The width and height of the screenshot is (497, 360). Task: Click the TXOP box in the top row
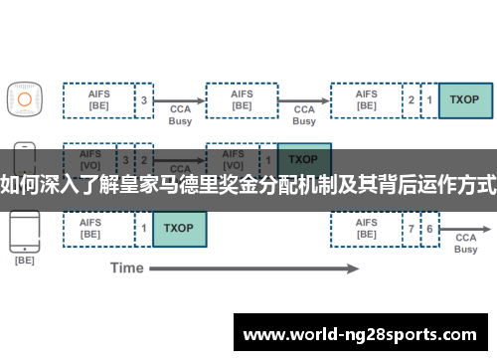465,100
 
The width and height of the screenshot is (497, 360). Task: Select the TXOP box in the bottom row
179,228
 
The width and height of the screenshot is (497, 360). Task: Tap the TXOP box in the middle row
303,158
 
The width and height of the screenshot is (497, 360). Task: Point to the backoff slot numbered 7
411,228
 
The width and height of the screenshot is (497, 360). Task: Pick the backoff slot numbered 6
429,228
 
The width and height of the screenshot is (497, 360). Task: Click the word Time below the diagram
127,268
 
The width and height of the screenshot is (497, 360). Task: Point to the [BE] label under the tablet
24,262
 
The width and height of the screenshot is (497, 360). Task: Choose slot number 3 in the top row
144,100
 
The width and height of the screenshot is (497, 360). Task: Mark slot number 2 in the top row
411,100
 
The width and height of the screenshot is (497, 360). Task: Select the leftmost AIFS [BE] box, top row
98,100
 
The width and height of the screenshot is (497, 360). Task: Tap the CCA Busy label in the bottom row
465,243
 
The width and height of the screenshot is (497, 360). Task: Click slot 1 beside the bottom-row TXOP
144,228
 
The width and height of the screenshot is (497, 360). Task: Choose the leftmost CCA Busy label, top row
180,114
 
